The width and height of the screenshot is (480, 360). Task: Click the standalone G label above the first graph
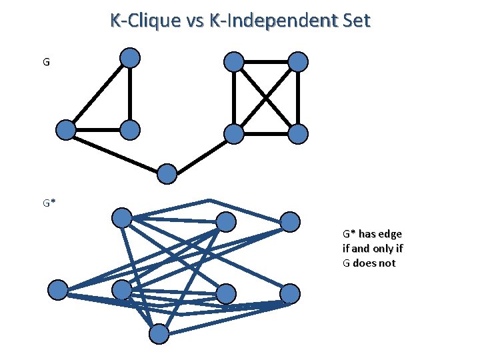point(46,63)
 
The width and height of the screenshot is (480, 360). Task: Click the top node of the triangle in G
point(131,58)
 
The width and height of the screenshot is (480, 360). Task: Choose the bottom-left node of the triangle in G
point(65,129)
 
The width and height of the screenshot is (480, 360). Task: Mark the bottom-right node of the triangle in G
point(131,129)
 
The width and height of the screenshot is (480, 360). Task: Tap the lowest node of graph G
point(167,174)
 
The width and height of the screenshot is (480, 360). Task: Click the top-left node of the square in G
point(233,63)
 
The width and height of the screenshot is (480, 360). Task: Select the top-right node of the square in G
point(299,63)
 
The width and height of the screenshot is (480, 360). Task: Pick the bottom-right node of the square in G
point(299,134)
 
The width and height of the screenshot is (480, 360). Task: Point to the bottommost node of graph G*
point(159,335)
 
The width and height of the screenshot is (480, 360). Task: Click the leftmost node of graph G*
point(59,290)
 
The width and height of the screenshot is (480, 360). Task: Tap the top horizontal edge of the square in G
point(266,63)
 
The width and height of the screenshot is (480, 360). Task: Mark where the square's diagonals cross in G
point(266,99)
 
